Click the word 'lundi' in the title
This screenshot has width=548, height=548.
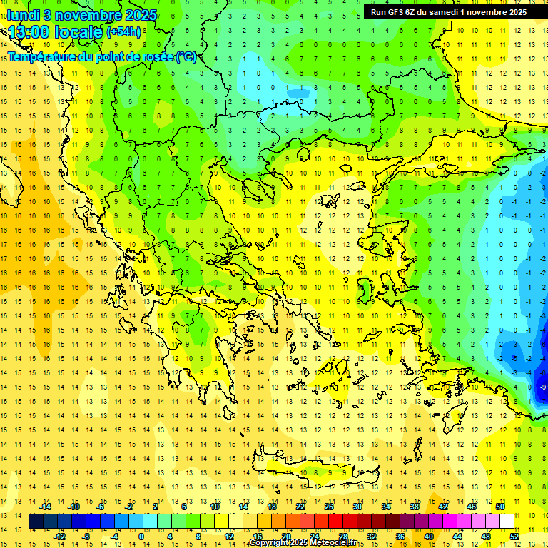point(22,14)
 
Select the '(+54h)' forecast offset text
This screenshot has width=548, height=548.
point(123,31)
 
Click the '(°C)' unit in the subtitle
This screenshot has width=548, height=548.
point(186,57)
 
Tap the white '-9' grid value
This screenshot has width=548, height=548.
point(543,387)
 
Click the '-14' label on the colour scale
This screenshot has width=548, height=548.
point(46,506)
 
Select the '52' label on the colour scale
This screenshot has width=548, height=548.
point(514,537)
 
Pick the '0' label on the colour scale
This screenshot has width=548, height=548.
point(141,537)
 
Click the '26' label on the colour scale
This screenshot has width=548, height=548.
point(328,506)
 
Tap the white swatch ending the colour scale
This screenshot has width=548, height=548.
point(507,522)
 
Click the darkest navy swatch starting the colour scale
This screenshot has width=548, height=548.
point(36,522)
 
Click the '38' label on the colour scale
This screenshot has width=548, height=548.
point(414,506)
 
